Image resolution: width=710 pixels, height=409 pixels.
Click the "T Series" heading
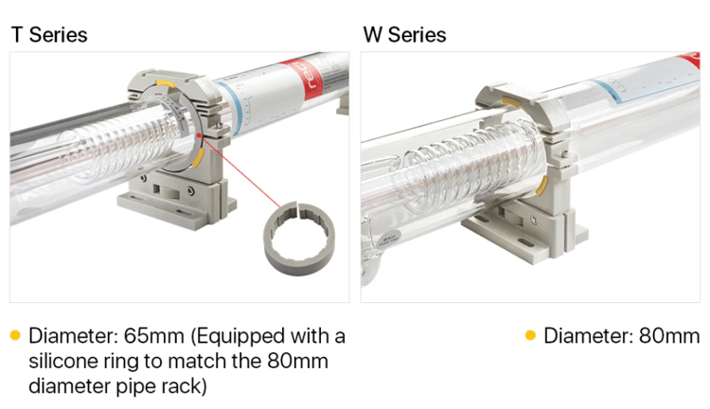tap(49, 35)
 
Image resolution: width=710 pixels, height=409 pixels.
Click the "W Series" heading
tap(404, 35)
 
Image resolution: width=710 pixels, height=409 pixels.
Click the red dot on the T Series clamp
tap(199, 135)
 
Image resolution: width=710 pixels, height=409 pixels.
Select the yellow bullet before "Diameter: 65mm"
tap(15, 335)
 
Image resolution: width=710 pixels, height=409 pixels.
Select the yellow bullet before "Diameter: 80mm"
tap(530, 335)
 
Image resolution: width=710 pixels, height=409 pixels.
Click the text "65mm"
tap(154, 336)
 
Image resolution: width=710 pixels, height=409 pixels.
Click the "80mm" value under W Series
tap(669, 336)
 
